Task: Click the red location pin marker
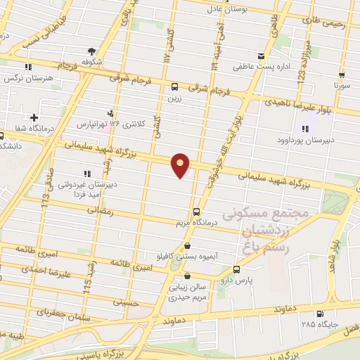181,165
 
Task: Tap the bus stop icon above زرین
174,86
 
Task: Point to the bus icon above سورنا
342,75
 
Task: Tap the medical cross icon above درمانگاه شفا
33,117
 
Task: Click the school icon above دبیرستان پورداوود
305,129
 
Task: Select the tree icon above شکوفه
91,51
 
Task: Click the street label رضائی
98,210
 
